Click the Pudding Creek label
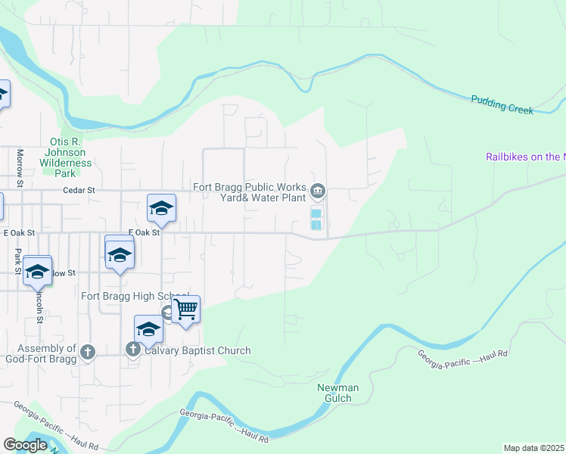click(502, 104)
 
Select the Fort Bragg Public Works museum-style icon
click(319, 190)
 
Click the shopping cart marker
click(185, 309)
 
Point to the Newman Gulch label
click(337, 393)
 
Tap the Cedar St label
click(81, 191)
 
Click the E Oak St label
click(144, 233)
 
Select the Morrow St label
click(20, 167)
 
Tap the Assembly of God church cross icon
click(89, 351)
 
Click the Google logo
click(25, 445)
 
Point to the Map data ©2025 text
click(534, 448)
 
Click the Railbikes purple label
click(525, 157)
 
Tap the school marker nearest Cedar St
click(161, 208)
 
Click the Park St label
click(17, 260)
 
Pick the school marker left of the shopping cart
click(149, 328)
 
